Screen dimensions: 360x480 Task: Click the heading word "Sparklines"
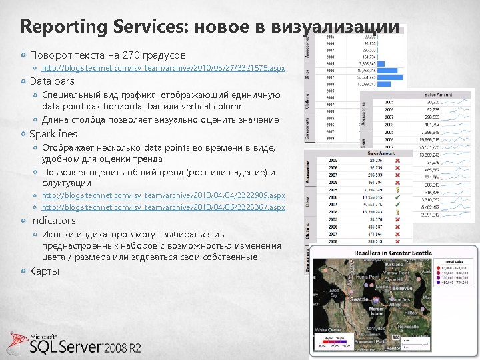point(53,134)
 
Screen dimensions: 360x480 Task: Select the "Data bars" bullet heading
point(52,81)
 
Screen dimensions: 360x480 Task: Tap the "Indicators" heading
point(53,220)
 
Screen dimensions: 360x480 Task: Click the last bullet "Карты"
point(45,271)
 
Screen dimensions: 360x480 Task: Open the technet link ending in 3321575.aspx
point(163,68)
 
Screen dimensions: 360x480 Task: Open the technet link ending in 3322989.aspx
point(163,195)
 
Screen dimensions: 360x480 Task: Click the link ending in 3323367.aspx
point(163,207)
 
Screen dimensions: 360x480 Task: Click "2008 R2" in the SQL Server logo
point(123,347)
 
